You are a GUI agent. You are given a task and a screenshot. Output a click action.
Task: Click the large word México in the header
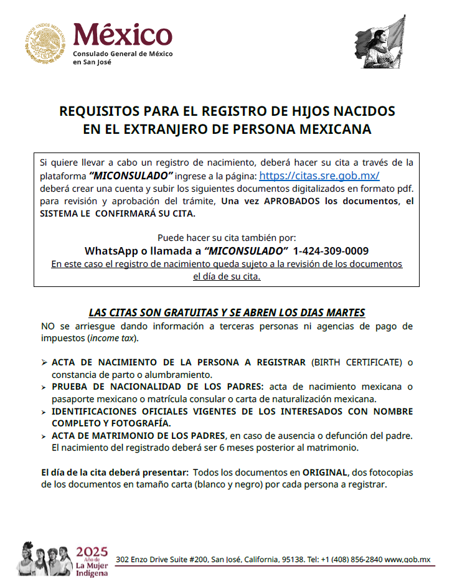click(123, 34)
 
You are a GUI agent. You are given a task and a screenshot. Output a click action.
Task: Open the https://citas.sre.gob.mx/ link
click(319, 176)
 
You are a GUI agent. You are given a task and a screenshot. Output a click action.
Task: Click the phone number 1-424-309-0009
click(330, 251)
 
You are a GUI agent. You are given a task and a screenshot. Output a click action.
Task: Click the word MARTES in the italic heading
click(343, 312)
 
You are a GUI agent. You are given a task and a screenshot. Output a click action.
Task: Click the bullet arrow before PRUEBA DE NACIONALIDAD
click(44, 387)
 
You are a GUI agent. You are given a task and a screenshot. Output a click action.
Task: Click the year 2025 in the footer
click(92, 552)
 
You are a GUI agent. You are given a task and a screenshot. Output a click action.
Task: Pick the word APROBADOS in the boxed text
click(293, 201)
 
